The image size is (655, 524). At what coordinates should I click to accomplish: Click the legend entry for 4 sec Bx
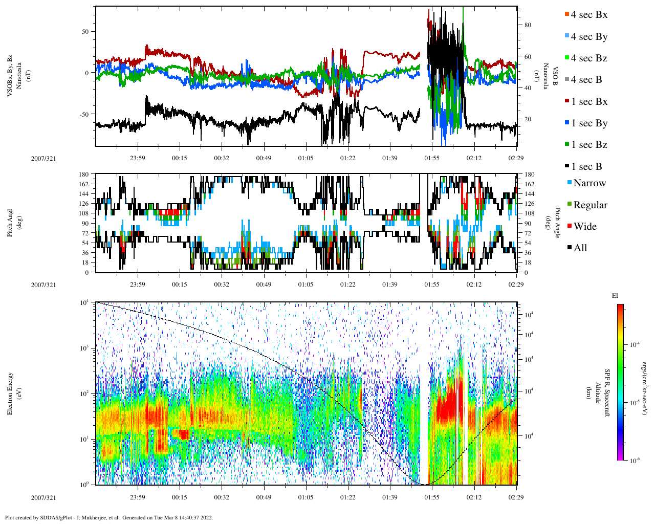coord(589,15)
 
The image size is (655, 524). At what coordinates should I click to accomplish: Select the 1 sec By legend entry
coord(589,123)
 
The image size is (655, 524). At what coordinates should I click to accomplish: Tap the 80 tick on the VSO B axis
coord(528,25)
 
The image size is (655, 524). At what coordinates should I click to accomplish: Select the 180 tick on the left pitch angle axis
coord(84,174)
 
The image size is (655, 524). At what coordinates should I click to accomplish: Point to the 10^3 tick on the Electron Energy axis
coord(85,348)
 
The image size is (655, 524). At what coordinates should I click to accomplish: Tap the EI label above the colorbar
coord(615,296)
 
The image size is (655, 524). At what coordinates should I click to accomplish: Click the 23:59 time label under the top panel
coord(137,158)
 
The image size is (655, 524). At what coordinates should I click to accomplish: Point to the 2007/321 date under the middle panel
coord(43,285)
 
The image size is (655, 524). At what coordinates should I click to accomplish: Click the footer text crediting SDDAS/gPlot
coord(108,517)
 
